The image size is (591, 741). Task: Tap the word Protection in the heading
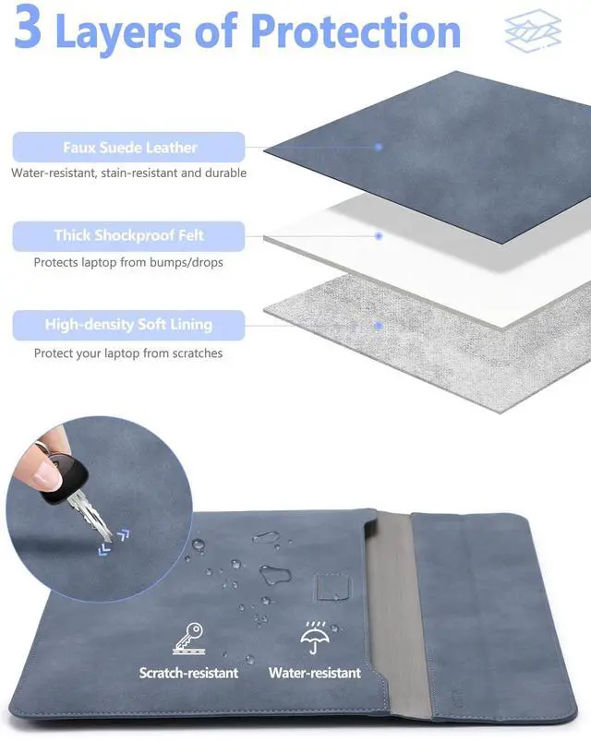pos(356,31)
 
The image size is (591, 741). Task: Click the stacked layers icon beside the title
pos(533,30)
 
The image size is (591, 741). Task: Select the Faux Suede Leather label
pos(129,148)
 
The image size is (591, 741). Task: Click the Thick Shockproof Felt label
pos(128,236)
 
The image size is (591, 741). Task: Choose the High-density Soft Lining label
pos(128,325)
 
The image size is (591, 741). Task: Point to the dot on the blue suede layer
pos(379,147)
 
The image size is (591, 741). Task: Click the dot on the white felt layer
pos(379,236)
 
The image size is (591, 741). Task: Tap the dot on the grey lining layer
pos(379,326)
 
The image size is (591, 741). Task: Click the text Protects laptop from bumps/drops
pos(128,262)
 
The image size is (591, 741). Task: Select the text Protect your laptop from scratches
pos(128,353)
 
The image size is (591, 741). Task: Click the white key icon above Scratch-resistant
pos(188,639)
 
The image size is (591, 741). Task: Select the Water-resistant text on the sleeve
pos(315,673)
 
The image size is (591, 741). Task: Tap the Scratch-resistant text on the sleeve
pos(188,673)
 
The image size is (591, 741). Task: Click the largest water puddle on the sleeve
pos(275,575)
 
